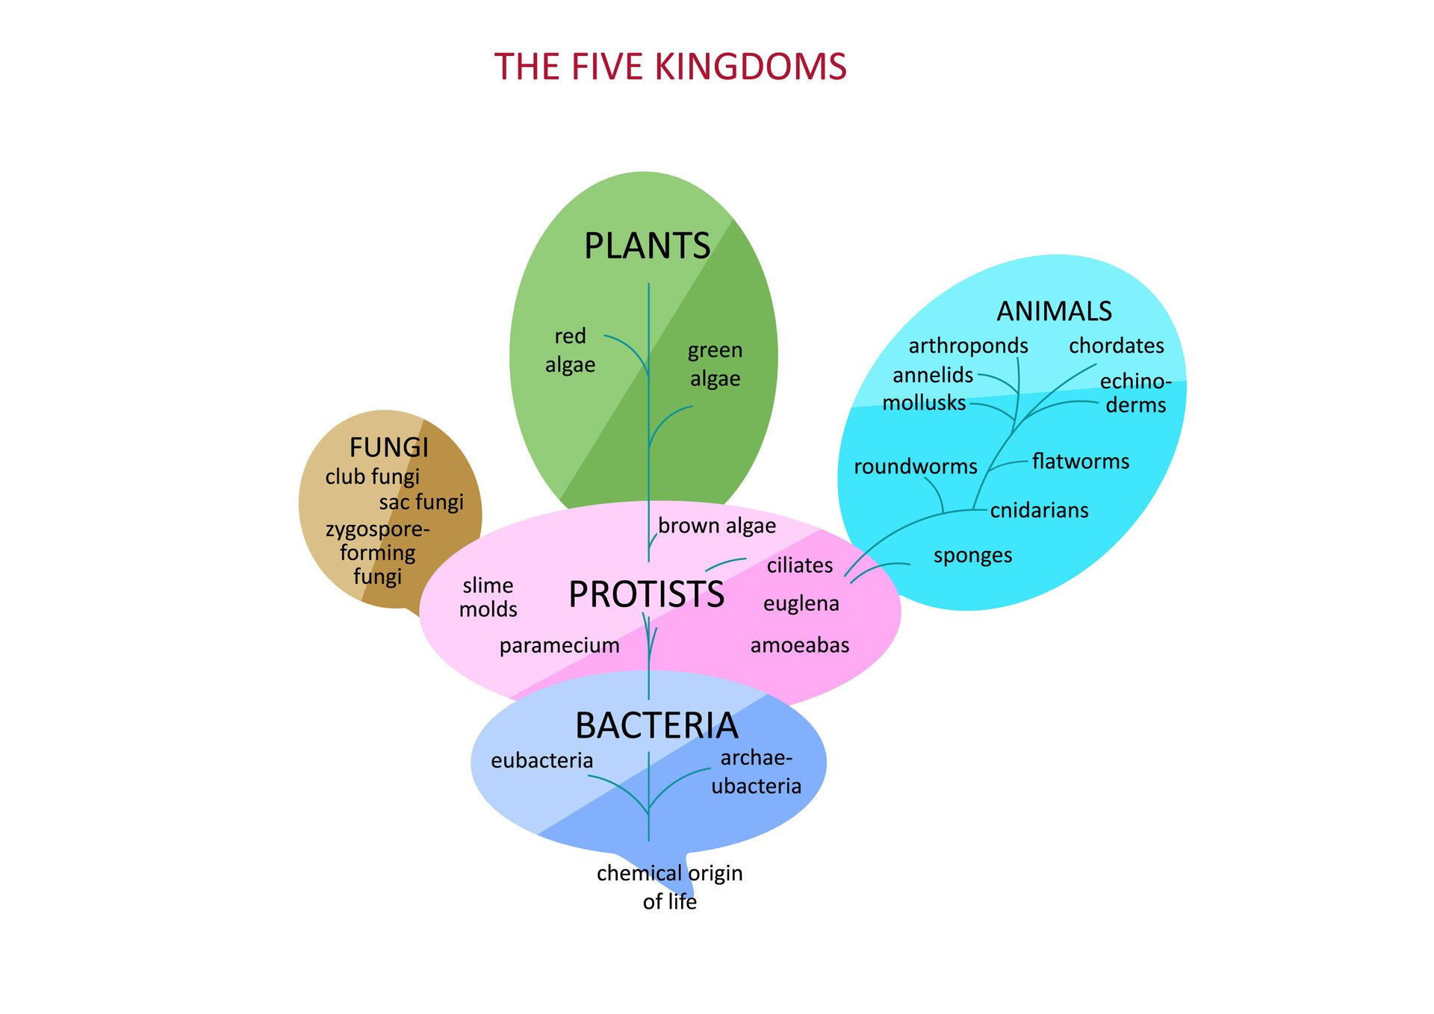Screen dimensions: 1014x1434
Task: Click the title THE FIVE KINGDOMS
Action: pos(670,67)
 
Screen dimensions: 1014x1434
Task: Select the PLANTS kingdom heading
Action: pos(647,246)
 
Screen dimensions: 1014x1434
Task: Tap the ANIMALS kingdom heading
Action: pos(1054,311)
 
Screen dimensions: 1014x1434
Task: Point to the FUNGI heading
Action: pos(389,447)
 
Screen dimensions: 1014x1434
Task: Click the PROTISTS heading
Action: pos(646,594)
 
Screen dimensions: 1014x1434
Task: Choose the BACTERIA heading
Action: pos(657,725)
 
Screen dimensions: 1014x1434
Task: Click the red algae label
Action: pos(570,350)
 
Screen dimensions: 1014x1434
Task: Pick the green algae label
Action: pos(715,364)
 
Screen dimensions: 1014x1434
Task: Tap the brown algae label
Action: pos(716,526)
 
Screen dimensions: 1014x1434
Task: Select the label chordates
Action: pos(1116,346)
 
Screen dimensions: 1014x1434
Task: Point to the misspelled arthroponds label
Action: pos(968,346)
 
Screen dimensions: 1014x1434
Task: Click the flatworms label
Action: pos(1080,461)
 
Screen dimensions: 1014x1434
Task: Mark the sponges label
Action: pos(972,556)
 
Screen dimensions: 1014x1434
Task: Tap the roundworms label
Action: pos(915,467)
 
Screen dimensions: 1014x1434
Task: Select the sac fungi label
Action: pos(421,502)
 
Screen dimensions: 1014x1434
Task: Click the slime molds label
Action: pos(488,597)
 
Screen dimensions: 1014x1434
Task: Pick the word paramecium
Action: pos(559,645)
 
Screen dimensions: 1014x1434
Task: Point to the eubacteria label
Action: pos(541,760)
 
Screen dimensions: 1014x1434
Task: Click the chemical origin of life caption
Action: pos(669,887)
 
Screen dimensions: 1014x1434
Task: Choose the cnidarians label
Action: pos(1039,510)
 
